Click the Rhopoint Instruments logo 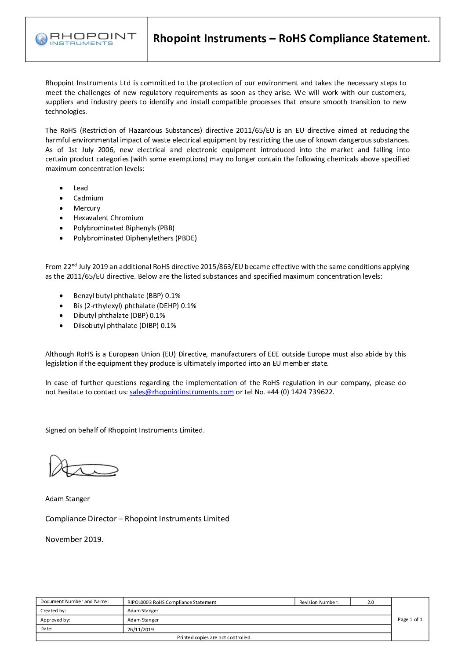click(x=86, y=39)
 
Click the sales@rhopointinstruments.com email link click(x=182, y=392)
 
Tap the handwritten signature click(x=84, y=467)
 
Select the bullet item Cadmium click(x=88, y=198)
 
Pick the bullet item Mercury click(x=87, y=208)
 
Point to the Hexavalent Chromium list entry click(x=108, y=218)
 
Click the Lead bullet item click(x=80, y=188)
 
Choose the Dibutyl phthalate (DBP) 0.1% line click(x=119, y=316)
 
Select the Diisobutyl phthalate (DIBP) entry click(x=124, y=326)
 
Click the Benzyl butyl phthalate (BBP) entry click(x=127, y=296)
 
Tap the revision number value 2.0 click(x=371, y=602)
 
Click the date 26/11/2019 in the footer click(x=141, y=629)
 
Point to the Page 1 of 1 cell click(x=410, y=619)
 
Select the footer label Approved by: click(x=55, y=620)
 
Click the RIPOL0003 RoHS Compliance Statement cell click(x=172, y=602)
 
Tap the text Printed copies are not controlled click(x=214, y=637)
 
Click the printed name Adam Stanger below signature click(x=67, y=499)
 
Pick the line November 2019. click(x=74, y=539)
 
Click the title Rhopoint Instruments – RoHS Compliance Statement click(x=291, y=39)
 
